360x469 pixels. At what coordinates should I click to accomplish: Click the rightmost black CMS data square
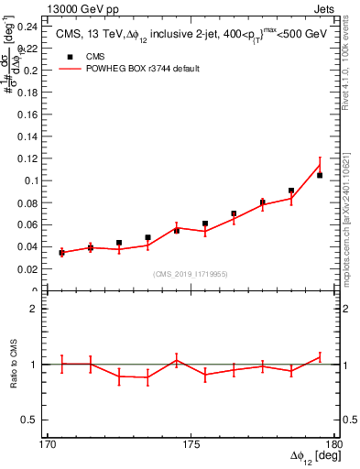point(320,175)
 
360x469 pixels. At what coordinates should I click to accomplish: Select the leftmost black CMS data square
point(61,252)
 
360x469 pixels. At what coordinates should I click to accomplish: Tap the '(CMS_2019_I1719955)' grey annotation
point(191,274)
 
